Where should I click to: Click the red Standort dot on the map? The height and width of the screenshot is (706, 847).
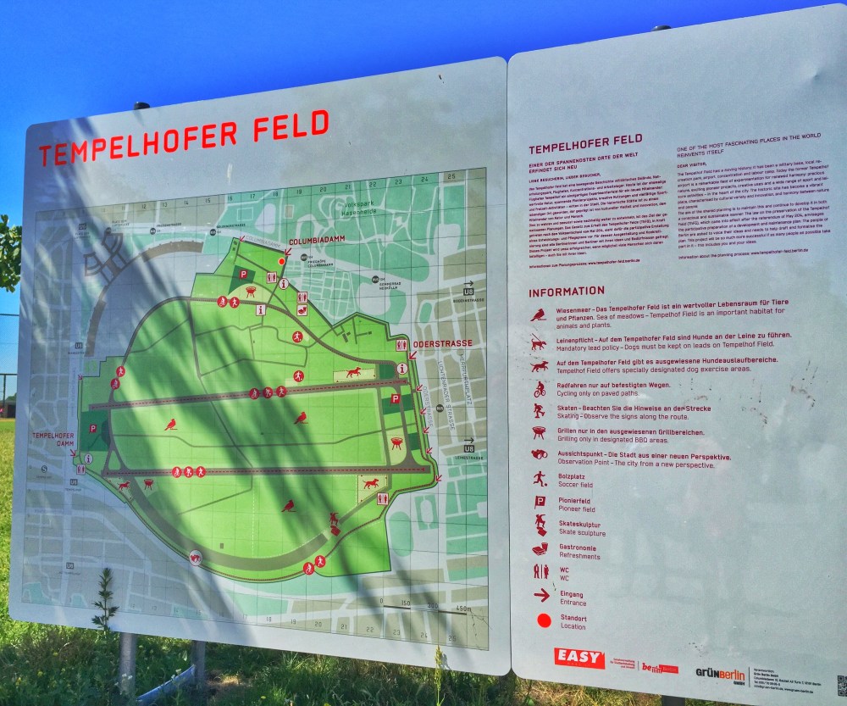tap(282, 262)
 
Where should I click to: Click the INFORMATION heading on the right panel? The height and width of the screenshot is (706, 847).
tap(567, 292)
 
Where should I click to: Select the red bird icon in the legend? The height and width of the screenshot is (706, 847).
tap(538, 315)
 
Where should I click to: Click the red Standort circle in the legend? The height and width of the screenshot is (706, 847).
tap(543, 620)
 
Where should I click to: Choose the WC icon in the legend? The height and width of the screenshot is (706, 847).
tap(540, 571)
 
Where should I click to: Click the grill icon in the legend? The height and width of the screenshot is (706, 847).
tap(539, 432)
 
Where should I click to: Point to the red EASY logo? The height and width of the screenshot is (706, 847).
tap(579, 657)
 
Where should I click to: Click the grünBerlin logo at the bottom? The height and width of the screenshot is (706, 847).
tap(720, 674)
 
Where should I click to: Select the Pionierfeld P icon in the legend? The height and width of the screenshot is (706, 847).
tap(540, 502)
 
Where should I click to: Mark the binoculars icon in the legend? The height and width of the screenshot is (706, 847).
tap(540, 454)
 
